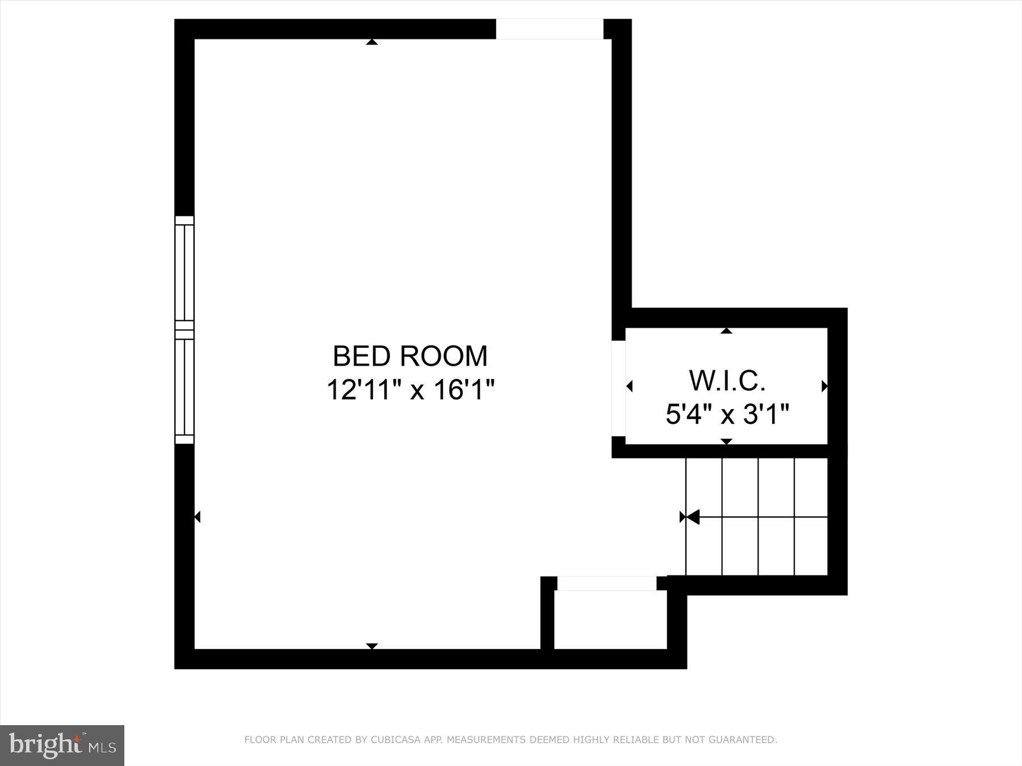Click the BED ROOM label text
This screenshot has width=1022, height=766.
point(410,356)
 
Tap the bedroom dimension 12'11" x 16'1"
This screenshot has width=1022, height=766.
point(411,390)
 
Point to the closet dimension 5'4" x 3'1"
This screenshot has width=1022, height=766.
point(727,414)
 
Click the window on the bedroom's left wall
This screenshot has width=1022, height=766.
point(184,330)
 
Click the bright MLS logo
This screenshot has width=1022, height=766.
point(62,744)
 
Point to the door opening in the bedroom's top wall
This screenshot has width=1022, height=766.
point(549,29)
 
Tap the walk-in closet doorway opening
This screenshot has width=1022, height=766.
point(618,388)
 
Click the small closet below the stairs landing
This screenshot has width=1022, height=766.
point(610,620)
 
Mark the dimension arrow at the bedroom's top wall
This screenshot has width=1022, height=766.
point(372,41)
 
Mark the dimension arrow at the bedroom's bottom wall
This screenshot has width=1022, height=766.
point(372,646)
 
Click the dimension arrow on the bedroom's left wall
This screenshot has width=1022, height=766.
point(197,517)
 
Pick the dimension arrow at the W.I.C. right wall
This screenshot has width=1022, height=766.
point(824,386)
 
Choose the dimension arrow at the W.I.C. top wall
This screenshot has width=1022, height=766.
point(726,330)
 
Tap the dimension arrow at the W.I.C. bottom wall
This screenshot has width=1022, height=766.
point(726,441)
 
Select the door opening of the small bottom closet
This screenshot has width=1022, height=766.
point(606,583)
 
